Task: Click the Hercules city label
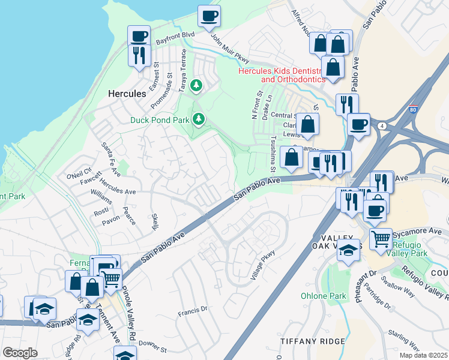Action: coord(127,94)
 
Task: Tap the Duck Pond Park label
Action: coord(160,120)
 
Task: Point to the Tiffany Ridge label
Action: coord(313,341)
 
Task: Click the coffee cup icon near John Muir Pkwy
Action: coord(209,16)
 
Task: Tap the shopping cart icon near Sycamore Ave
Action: coord(381,239)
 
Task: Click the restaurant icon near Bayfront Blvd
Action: coord(139,55)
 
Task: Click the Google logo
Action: coord(20,353)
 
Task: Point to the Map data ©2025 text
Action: coord(423,355)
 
